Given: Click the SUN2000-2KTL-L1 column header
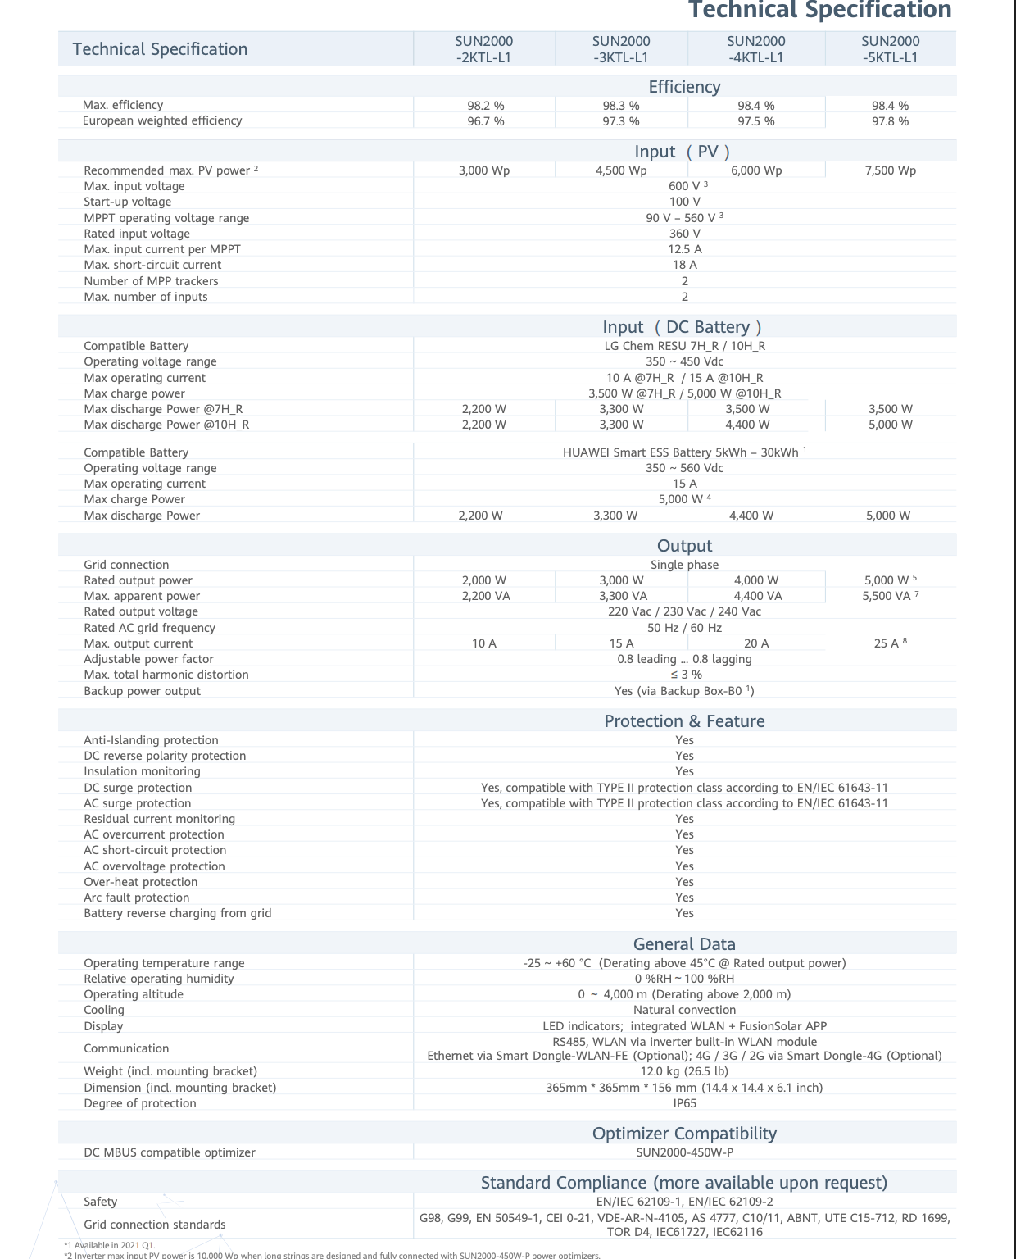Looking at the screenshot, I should click(483, 49).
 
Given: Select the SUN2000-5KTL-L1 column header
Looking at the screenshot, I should click(890, 49).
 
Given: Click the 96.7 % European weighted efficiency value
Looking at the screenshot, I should click(485, 121).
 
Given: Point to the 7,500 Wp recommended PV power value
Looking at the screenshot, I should click(890, 170).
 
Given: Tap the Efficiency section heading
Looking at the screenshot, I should click(684, 87).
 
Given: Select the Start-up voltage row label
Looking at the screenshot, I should click(128, 202).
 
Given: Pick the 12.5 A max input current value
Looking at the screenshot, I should click(684, 249).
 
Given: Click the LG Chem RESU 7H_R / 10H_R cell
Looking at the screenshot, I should click(684, 346).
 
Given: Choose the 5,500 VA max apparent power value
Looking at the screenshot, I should click(890, 596).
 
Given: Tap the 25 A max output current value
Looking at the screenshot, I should click(890, 643).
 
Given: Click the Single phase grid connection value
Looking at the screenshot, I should click(684, 565).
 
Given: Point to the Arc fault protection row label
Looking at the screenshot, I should click(136, 898).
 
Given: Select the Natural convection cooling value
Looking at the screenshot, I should click(684, 1010).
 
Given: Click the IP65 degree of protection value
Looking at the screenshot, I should click(684, 1103).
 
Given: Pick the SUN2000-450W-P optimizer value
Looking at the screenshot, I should click(684, 1152).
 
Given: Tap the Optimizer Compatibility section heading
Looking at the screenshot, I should click(684, 1134).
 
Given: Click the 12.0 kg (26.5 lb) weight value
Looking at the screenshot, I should click(684, 1071).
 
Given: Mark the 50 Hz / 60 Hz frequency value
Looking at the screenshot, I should click(684, 628).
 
